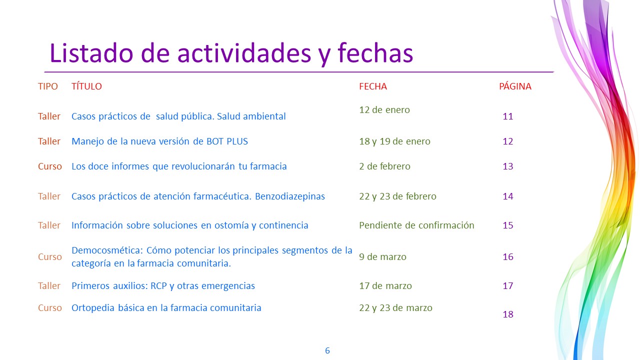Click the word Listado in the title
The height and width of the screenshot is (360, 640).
click(x=91, y=53)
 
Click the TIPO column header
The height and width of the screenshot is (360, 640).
click(x=48, y=86)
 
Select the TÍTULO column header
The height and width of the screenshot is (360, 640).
click(x=86, y=86)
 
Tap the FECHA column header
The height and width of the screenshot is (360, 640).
click(x=373, y=86)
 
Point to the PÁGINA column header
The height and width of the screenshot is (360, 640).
click(x=515, y=86)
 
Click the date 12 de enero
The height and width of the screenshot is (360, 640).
click(x=384, y=109)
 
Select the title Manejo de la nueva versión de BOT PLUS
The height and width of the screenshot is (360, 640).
click(x=159, y=141)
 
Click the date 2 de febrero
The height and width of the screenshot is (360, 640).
click(x=384, y=166)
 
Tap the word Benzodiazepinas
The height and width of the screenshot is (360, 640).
click(x=290, y=196)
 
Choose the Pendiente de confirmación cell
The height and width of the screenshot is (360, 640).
click(x=416, y=225)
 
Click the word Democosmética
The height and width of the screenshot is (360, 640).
click(x=107, y=250)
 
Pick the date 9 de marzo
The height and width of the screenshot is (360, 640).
click(x=382, y=257)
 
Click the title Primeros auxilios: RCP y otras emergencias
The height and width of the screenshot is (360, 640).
click(x=163, y=285)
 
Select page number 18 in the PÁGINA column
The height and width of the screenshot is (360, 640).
click(x=508, y=314)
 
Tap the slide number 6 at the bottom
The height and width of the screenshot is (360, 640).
click(x=327, y=350)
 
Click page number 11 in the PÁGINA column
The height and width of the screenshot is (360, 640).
click(x=508, y=116)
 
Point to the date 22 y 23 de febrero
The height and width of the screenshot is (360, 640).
click(x=397, y=196)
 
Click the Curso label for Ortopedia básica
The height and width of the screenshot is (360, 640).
click(x=50, y=307)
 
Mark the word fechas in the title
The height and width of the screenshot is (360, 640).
click(x=375, y=53)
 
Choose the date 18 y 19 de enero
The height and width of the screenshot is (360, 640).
click(x=394, y=141)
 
